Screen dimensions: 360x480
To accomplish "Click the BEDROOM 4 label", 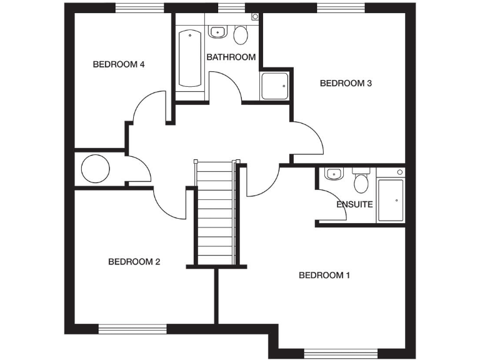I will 119,64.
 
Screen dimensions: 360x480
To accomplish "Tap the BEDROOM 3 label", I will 346,83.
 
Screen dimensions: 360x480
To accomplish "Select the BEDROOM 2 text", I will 134,262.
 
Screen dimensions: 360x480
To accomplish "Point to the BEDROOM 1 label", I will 324,275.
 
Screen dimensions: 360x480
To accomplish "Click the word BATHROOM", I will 231,57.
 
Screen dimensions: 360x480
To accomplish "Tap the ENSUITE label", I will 354,204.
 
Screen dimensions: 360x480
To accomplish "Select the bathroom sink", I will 217,32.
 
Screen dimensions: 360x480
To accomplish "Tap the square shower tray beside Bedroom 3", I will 274,86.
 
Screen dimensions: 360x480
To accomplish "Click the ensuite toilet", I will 361,182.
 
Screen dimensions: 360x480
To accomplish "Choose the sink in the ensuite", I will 332,174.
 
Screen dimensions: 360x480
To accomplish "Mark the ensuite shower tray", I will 391,200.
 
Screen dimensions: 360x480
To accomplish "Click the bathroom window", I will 231,8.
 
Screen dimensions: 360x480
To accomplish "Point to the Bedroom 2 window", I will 132,328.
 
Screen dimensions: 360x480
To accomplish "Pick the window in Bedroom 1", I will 341,353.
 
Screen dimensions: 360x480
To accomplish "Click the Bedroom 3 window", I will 341,8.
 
